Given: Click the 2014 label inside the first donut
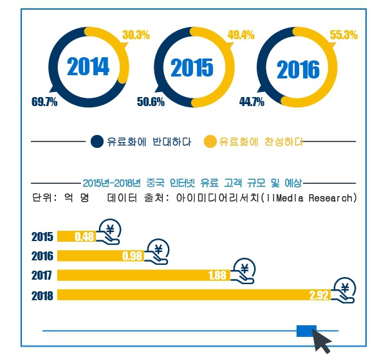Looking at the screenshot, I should pyautogui.click(x=88, y=67).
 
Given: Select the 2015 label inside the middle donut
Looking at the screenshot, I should pyautogui.click(x=191, y=68).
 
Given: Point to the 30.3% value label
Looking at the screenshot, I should pyautogui.click(x=135, y=35).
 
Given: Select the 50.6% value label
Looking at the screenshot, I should pyautogui.click(x=151, y=102).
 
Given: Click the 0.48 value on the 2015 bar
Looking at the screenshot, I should pyautogui.click(x=85, y=236).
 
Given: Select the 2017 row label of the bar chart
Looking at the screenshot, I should pyautogui.click(x=42, y=276).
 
